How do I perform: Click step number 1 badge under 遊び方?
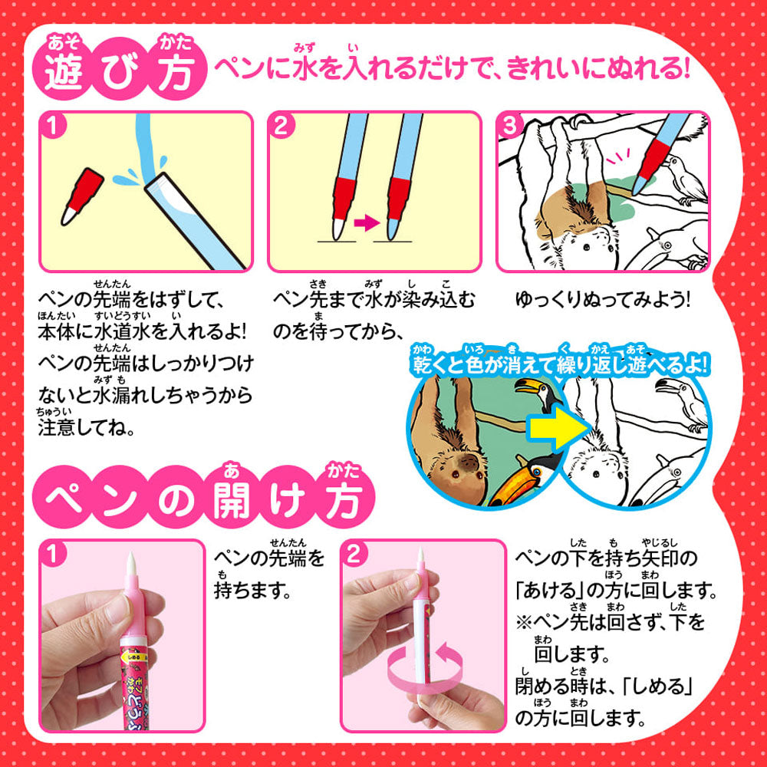point(54,127)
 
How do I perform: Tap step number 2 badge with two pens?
point(281,127)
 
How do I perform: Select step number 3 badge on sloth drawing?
point(509,127)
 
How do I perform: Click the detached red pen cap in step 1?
point(82,196)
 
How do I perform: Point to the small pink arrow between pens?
point(367,223)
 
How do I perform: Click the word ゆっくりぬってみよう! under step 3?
point(602,299)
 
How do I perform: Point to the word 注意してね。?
point(87,427)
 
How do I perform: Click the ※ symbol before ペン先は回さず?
point(524,622)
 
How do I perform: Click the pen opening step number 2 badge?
point(354,555)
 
